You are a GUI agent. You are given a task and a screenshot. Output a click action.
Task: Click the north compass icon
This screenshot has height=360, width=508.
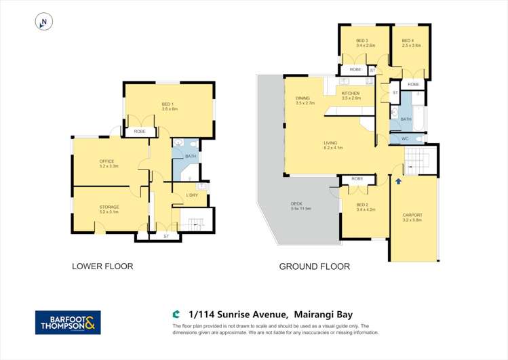pos(43,22)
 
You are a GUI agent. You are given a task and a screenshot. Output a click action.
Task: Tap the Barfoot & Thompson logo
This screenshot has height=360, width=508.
pos(68,323)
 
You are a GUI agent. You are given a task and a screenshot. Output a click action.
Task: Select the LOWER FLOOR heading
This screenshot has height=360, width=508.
pos(102,266)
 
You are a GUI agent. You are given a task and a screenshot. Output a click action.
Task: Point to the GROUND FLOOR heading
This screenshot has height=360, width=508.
pos(314,266)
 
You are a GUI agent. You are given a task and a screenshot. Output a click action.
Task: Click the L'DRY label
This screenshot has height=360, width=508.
pos(192,195)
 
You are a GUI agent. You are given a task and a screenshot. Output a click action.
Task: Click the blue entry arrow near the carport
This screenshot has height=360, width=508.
pos(398,181)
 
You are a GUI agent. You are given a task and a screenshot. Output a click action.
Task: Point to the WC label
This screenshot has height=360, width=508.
pos(405,139)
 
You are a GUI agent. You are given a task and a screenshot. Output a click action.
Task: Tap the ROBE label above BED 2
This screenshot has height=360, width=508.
pos(357,179)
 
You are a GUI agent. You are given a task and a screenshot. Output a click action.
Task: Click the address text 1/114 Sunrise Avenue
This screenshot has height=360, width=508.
pos(238,315)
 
